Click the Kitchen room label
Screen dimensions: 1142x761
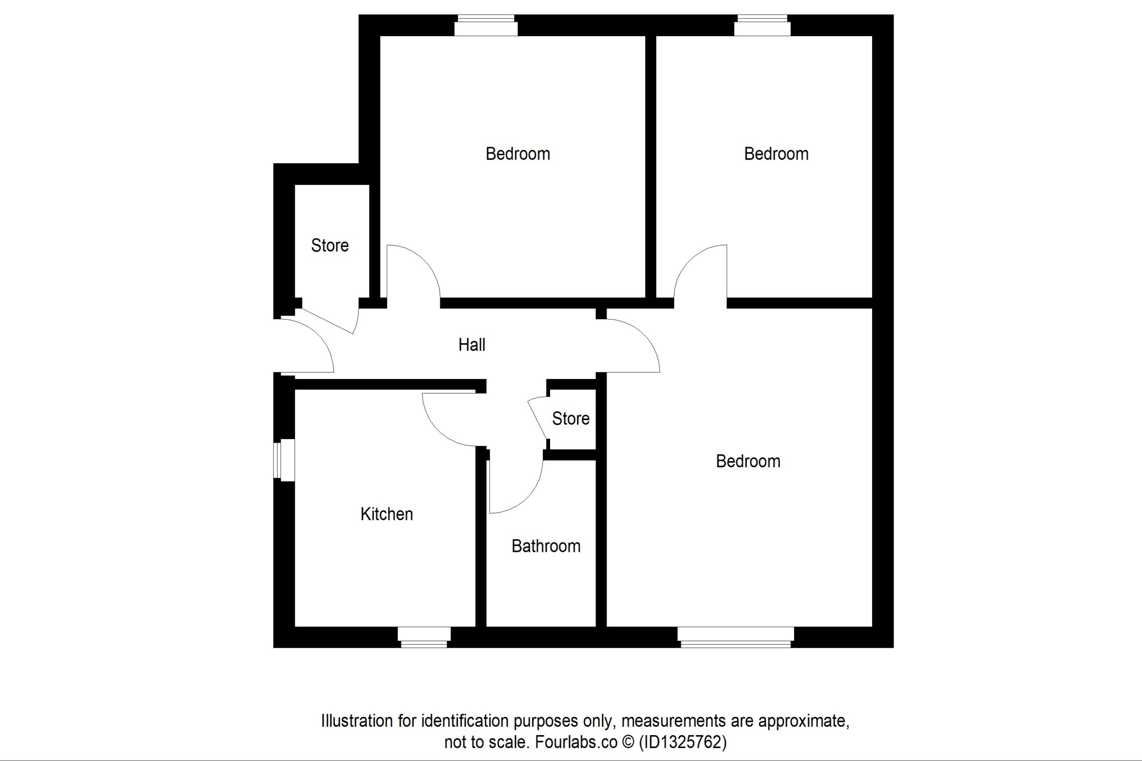click(386, 514)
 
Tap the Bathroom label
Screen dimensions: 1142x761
click(546, 546)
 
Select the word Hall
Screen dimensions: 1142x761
click(472, 345)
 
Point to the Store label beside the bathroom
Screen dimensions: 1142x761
click(571, 418)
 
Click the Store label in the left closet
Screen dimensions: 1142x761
click(330, 246)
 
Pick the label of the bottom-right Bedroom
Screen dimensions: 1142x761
click(748, 461)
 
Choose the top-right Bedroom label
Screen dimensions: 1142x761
click(776, 154)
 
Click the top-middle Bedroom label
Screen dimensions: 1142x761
click(517, 154)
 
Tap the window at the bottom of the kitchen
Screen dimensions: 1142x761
click(424, 637)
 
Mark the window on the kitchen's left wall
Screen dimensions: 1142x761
click(284, 460)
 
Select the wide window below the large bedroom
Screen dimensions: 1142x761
click(736, 637)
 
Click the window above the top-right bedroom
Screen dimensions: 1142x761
click(762, 25)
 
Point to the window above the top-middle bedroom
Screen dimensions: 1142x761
click(485, 25)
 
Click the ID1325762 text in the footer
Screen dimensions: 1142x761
click(682, 742)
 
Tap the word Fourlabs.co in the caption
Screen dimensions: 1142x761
click(576, 742)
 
